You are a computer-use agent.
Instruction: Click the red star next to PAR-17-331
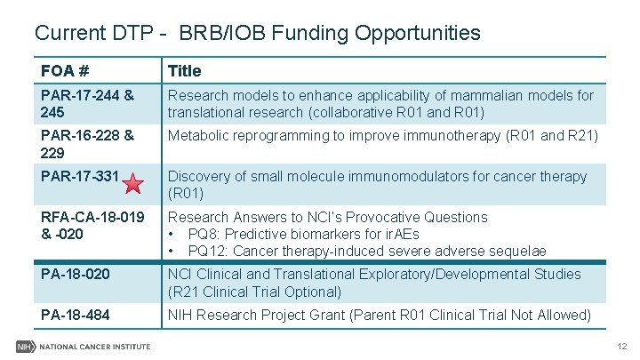132,185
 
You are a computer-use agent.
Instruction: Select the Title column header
185,70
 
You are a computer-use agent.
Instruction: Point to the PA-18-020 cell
76,275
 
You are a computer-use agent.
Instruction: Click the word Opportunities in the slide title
417,34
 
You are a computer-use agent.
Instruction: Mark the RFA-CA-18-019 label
92,217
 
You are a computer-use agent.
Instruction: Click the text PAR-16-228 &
87,135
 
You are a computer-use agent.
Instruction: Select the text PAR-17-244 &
87,95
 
